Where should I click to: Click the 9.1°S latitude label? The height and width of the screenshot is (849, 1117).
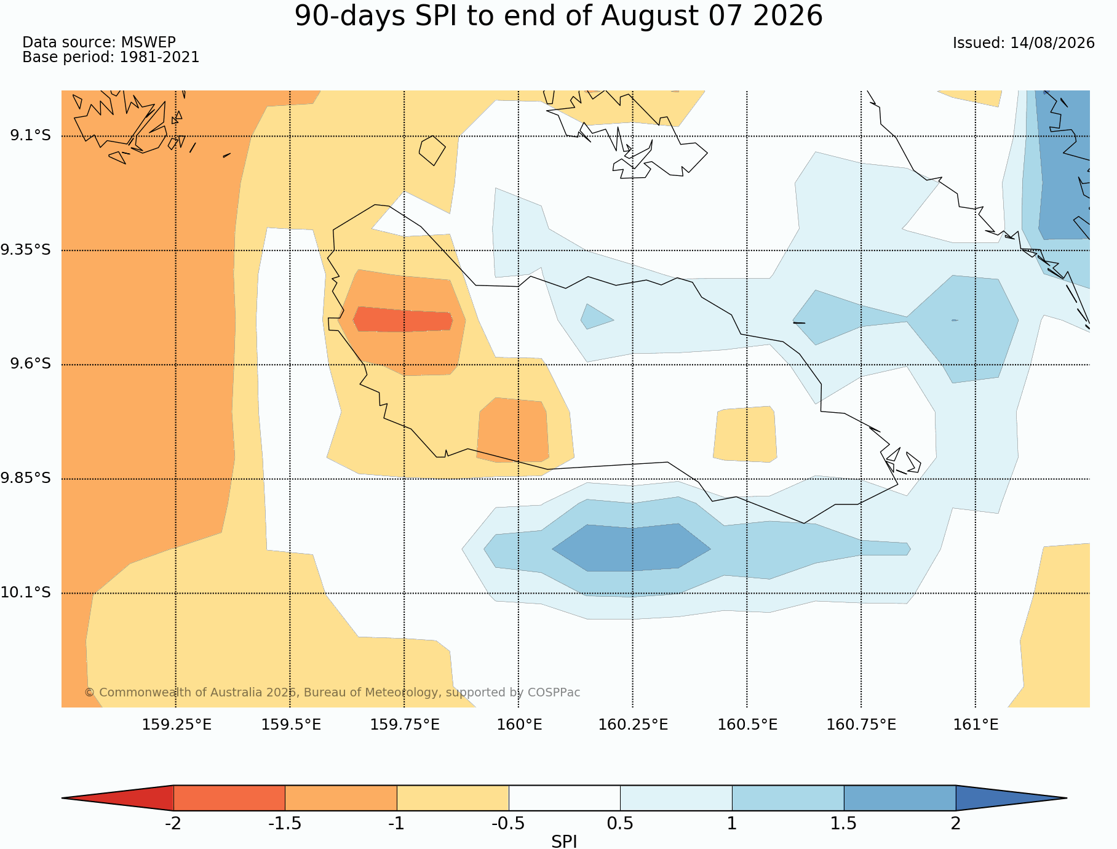point(30,135)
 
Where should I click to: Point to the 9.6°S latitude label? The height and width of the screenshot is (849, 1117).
point(30,364)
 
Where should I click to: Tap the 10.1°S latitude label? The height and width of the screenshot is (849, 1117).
point(26,592)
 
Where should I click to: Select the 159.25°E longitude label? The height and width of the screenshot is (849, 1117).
point(177,725)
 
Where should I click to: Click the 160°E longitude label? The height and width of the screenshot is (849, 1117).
point(519,725)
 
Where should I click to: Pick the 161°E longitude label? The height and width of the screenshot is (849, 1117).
point(976,725)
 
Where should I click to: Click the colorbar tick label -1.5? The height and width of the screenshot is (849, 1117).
point(285,824)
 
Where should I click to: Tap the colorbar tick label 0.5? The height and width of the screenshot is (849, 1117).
point(620,824)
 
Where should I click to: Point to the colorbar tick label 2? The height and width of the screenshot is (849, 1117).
point(955,824)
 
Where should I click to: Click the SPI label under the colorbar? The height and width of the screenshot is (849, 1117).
point(564,842)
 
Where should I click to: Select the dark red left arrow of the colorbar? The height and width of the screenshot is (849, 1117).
point(117,798)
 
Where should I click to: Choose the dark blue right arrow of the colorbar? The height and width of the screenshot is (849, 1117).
point(1011,798)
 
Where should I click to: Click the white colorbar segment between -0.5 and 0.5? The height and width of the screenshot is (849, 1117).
point(564,798)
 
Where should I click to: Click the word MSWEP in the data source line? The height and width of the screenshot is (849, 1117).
point(148,42)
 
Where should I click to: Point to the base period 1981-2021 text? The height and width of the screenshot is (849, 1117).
point(159,57)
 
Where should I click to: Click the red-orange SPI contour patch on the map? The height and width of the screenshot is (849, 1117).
point(403,319)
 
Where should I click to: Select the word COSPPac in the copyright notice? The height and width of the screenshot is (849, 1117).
point(554,693)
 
